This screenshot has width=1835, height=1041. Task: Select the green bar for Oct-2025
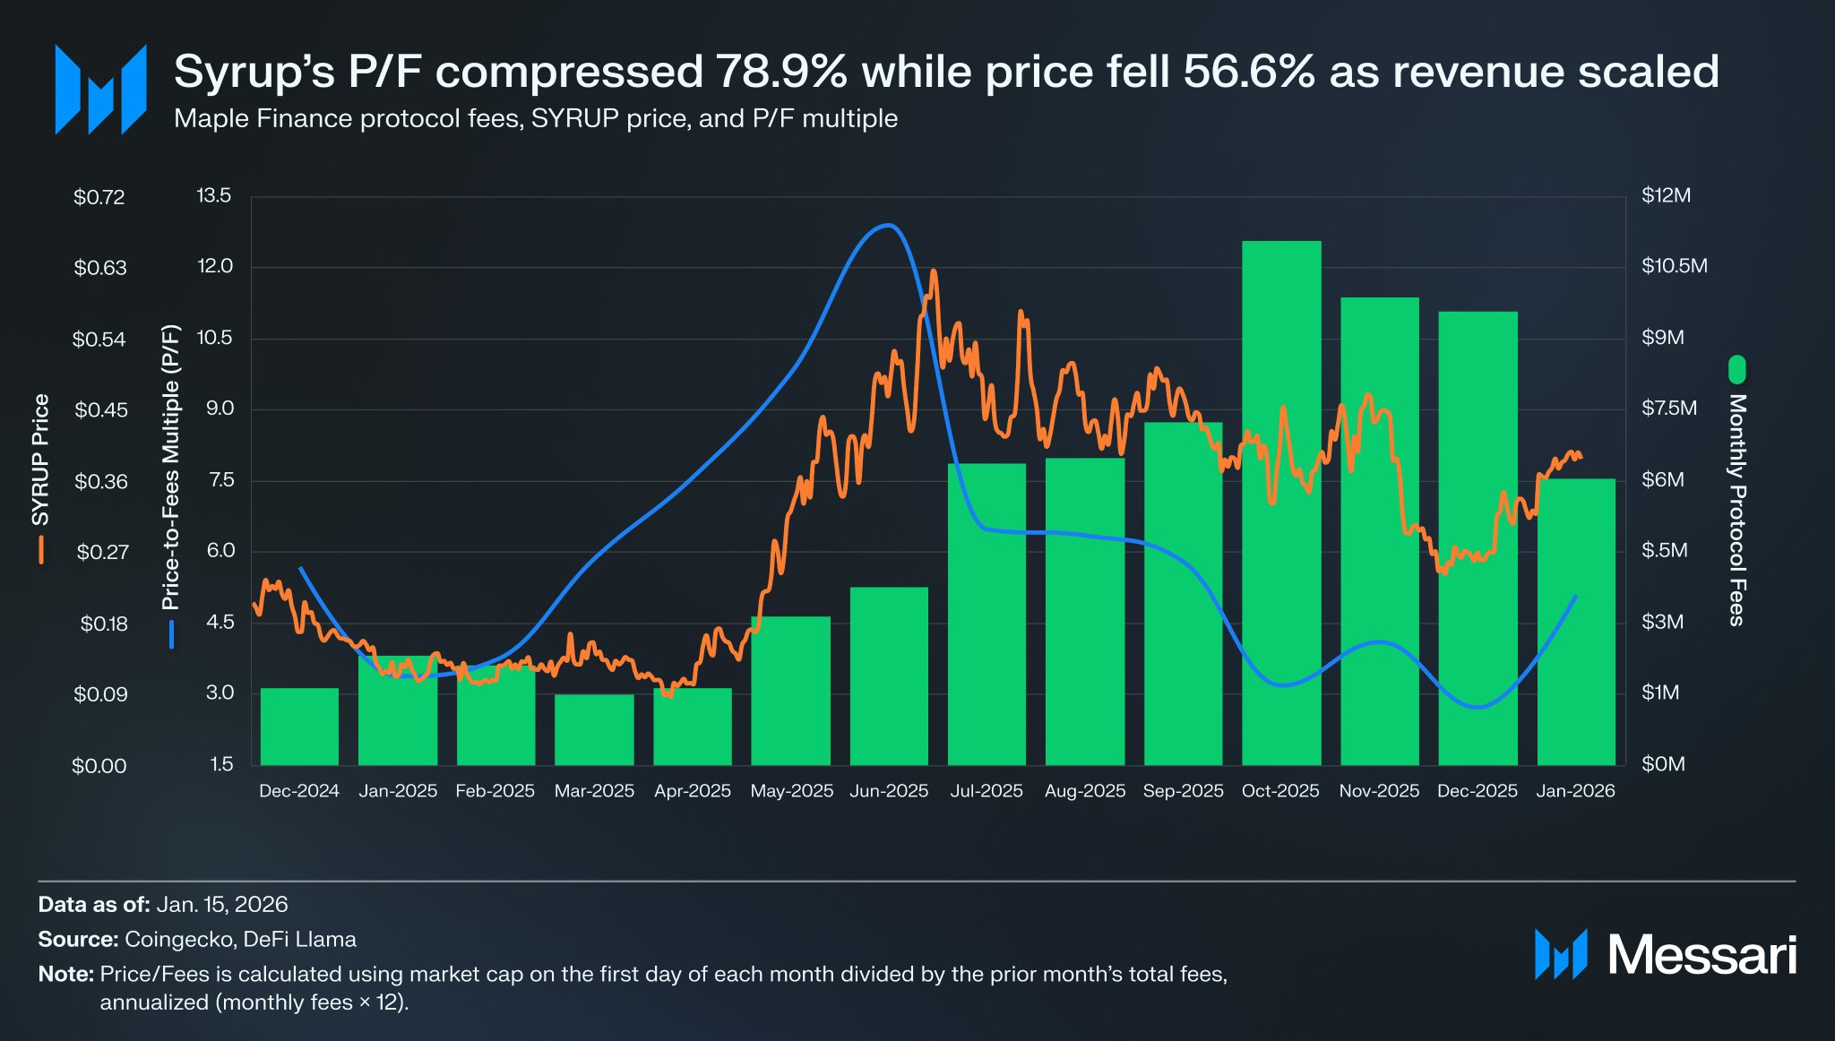click(1281, 502)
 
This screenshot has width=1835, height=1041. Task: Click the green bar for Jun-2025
click(889, 676)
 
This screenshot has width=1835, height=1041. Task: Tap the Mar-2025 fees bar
click(594, 729)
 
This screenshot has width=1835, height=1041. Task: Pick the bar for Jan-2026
click(1576, 622)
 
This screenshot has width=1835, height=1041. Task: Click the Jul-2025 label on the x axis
click(986, 791)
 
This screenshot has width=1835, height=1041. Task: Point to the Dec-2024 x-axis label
click(298, 791)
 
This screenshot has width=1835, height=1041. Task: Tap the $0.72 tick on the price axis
click(99, 197)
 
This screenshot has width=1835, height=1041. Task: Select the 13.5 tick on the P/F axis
click(214, 195)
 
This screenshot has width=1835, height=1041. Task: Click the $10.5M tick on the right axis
click(1674, 266)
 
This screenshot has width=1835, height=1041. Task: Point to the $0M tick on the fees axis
click(1663, 764)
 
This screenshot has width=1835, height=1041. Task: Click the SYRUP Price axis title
click(40, 459)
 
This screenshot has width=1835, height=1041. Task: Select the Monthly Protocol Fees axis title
click(1737, 509)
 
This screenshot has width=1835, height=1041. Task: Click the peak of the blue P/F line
click(888, 225)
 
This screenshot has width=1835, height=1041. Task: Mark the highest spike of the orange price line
click(934, 271)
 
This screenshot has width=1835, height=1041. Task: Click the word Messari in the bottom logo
click(1701, 955)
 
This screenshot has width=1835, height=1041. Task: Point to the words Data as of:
click(94, 904)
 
